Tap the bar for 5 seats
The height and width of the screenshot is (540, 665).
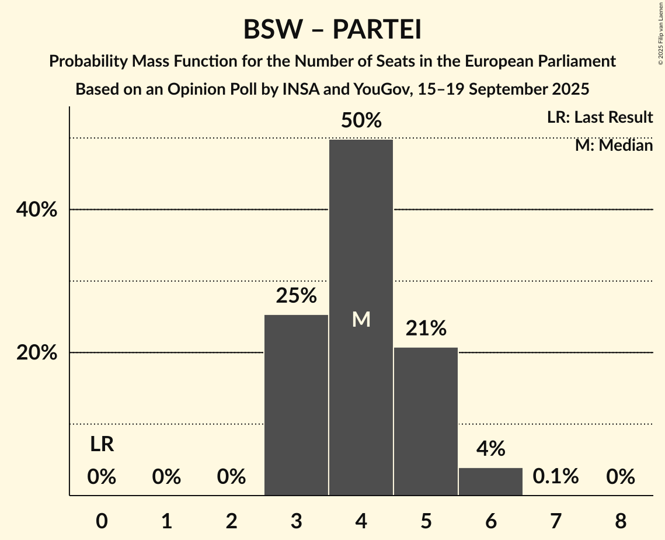[426, 421]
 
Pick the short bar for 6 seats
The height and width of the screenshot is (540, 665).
[490, 482]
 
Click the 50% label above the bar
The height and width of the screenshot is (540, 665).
[361, 121]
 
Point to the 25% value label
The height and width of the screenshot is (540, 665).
[296, 296]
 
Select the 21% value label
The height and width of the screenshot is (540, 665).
[426, 328]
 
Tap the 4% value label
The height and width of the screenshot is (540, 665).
[490, 448]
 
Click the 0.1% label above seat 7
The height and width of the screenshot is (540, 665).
[555, 477]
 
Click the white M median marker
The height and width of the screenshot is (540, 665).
[361, 319]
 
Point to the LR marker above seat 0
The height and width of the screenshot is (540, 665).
[102, 445]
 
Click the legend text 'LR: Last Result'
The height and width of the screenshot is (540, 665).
[600, 117]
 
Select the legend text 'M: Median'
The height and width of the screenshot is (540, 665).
[614, 145]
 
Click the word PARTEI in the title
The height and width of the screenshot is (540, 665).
[377, 30]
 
